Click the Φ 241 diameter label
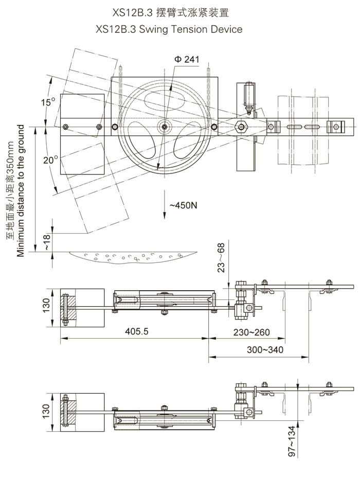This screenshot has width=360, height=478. (x=186, y=60)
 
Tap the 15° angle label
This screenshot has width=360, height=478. (x=48, y=102)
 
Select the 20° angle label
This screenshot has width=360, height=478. (x=50, y=160)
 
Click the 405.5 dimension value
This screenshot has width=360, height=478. (x=137, y=331)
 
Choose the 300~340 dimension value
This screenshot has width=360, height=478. (x=264, y=350)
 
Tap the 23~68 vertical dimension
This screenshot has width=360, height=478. (x=221, y=257)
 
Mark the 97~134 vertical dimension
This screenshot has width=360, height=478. (x=292, y=441)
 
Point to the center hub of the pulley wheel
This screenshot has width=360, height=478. (x=164, y=126)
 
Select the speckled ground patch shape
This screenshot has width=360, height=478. (x=134, y=256)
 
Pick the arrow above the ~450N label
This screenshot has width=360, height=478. (x=164, y=198)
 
